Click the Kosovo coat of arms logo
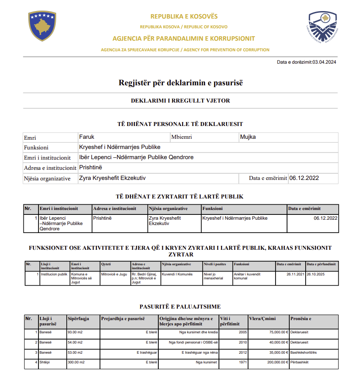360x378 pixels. (x=42, y=26)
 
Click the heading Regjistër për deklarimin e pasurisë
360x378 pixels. (x=181, y=83)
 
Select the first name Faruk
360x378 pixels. (x=87, y=137)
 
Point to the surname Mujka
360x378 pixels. (x=248, y=137)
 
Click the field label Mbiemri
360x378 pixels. (x=182, y=137)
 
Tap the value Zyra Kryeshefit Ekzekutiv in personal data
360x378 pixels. (x=112, y=178)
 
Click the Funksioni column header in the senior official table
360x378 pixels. (x=213, y=209)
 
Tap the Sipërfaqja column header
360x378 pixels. (x=79, y=318)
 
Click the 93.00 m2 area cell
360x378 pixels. (x=75, y=332)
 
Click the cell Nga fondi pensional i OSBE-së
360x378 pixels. (x=193, y=342)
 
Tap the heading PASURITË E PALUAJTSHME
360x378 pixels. (x=180, y=306)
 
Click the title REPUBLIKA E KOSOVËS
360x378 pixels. (x=184, y=16)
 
